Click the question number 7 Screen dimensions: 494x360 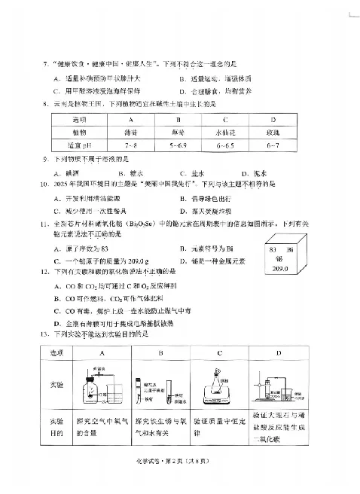pos(46,66)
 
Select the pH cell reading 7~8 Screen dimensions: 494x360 pos(131,143)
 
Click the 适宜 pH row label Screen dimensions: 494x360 pos(79,143)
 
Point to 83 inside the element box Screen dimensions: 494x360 pos(273,248)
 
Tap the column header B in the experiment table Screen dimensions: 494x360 pos(160,353)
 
